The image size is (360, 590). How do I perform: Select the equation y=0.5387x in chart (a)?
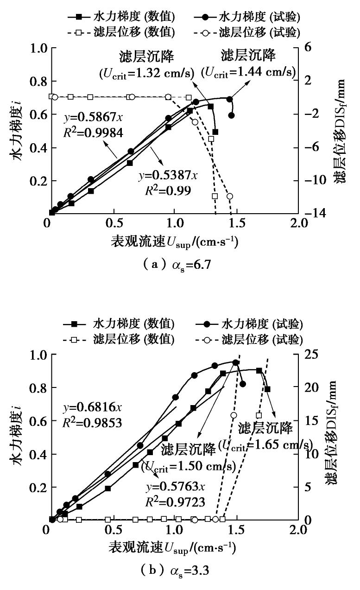pyautogui.click(x=168, y=175)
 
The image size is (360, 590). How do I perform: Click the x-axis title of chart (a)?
pyautogui.click(x=174, y=242)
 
